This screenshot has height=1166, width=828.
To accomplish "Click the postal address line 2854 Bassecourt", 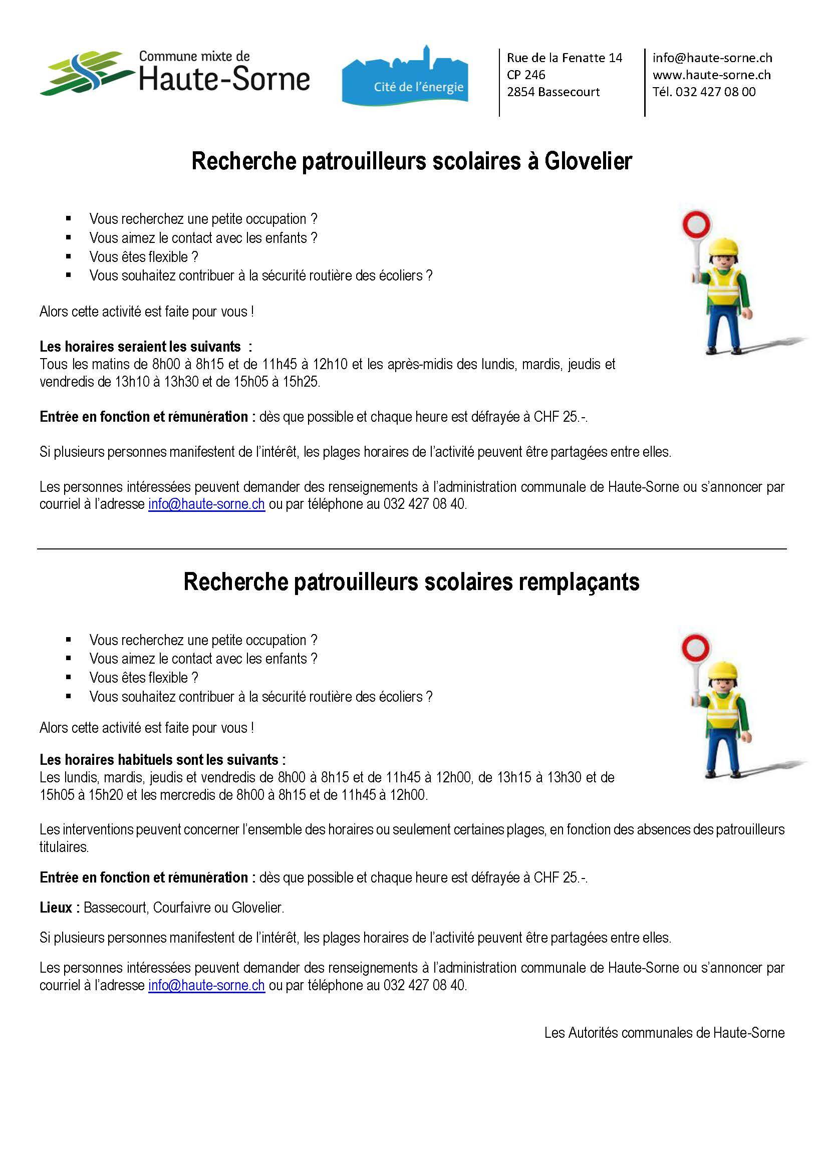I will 553,92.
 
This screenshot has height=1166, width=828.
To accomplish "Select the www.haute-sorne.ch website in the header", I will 711,75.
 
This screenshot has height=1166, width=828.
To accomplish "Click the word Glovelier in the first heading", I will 588,162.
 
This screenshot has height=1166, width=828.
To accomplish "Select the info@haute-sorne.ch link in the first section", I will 206,504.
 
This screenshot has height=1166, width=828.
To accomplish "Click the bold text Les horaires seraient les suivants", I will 140,347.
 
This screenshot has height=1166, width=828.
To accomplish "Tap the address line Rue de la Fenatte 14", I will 564,58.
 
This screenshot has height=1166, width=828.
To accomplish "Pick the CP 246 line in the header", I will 525,75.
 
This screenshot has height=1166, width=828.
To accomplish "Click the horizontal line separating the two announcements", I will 412,549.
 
